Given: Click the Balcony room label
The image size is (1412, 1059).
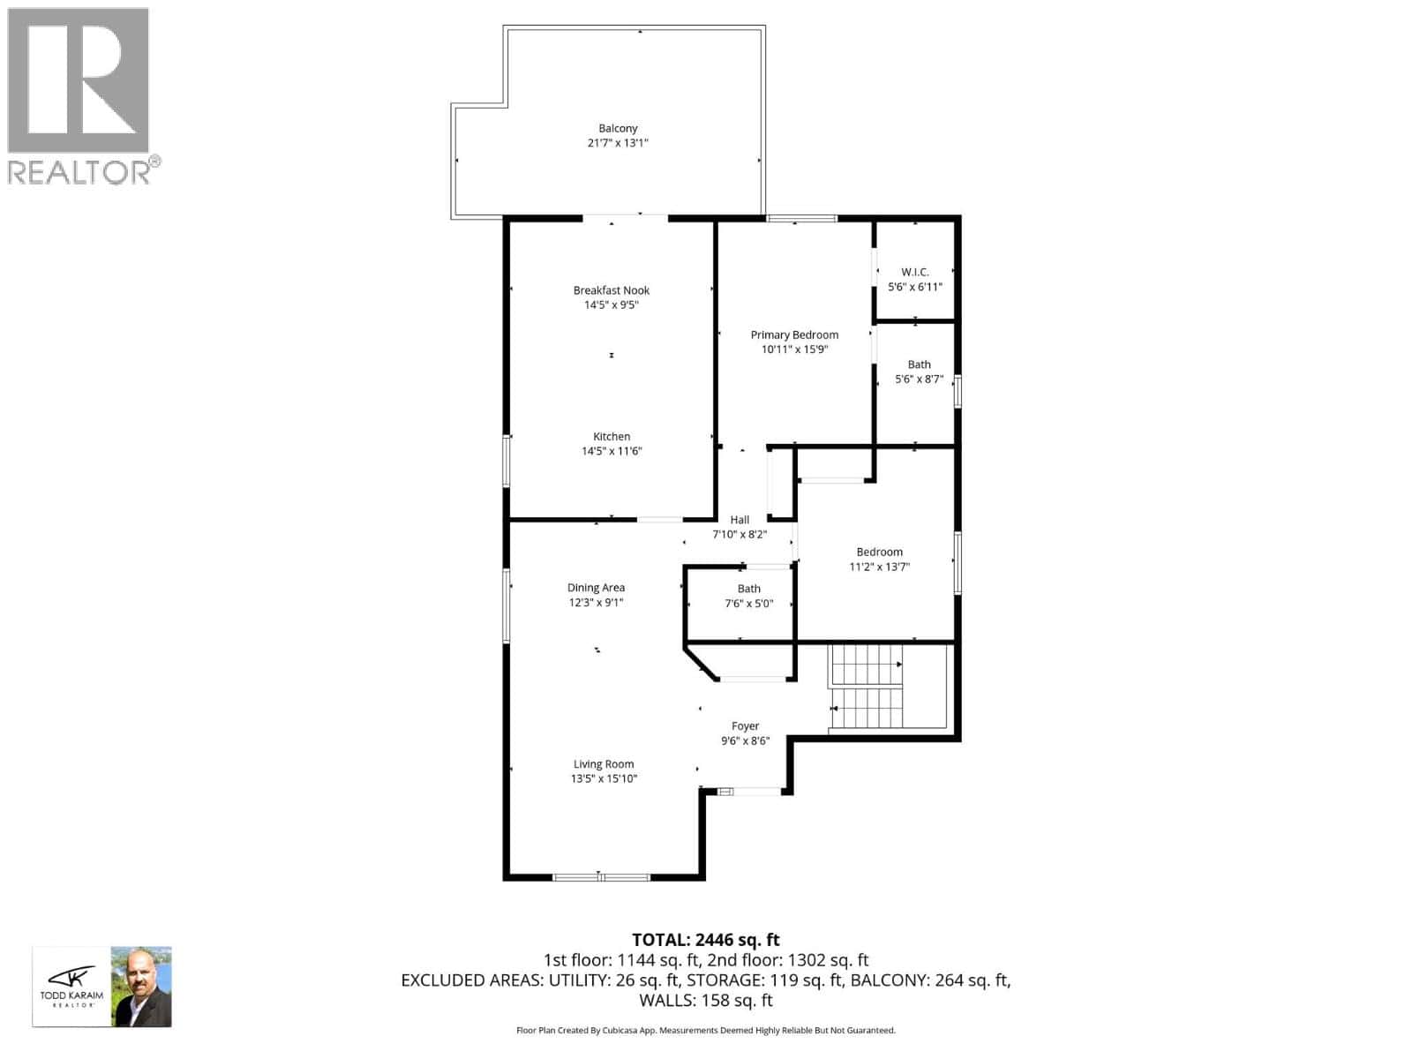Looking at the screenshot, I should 618,128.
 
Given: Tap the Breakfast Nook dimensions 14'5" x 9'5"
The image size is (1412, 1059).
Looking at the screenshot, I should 611,305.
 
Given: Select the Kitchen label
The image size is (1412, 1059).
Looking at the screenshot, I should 612,436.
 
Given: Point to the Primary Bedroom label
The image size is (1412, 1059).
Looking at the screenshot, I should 794,334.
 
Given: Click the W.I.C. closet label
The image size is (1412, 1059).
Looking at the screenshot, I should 915,272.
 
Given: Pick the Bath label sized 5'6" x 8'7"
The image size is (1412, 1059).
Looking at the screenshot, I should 919,364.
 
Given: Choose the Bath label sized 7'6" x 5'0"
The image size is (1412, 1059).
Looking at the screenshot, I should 748,589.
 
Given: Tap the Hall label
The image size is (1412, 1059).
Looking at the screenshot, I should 740,520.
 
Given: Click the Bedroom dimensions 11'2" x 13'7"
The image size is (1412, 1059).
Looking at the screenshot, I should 879,567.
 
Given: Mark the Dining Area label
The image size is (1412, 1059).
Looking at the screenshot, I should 596,588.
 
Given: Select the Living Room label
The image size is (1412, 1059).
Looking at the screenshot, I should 604,764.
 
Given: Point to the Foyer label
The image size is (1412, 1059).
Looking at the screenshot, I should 745,726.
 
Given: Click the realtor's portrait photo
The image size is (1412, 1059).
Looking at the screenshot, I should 141,987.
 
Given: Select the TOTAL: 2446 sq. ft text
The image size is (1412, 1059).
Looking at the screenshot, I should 706,940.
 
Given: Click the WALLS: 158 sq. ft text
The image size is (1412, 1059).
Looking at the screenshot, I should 706,1000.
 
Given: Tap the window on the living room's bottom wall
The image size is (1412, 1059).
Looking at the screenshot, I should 601,877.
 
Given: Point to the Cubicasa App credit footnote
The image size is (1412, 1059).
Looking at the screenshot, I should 706,1030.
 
